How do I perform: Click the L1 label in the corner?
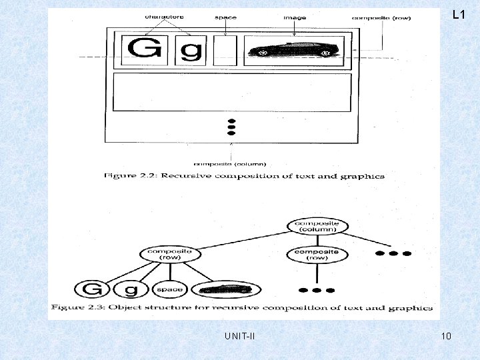pos(458,14)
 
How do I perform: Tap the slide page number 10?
pos(446,335)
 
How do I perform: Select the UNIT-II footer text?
pos(240,335)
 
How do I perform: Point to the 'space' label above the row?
pos(225,18)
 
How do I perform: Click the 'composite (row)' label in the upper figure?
pos(381,18)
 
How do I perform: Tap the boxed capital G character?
pos(145,49)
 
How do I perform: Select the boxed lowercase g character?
pos(189,50)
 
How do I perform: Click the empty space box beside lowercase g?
pos(225,50)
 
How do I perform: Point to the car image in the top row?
pos(295,50)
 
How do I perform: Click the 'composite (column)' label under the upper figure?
pos(230,163)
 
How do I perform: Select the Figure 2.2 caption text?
pos(244,176)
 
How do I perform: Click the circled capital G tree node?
pos(91,289)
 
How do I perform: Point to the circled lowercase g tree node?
pos(131,289)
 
